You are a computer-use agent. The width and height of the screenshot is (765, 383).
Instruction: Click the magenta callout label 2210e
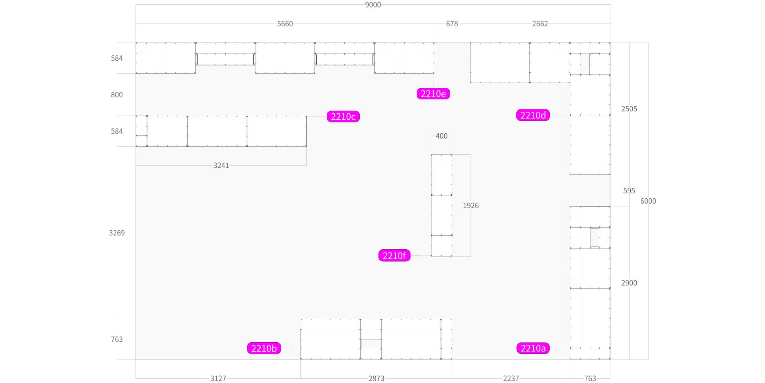coord(433,94)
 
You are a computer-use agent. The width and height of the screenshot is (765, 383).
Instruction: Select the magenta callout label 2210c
coord(343,116)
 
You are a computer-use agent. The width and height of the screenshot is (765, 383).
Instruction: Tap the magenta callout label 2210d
coord(533,115)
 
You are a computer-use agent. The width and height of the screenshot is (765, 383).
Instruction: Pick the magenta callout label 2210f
coord(394,256)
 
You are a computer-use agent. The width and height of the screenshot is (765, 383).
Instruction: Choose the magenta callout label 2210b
coord(264,348)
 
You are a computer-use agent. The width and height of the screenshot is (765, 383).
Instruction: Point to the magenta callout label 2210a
coord(533,348)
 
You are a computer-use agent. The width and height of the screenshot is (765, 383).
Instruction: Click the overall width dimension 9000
coord(373,5)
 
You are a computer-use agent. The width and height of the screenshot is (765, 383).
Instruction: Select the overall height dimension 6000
coord(648,201)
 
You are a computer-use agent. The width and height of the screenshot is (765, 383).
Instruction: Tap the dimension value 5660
coord(285,24)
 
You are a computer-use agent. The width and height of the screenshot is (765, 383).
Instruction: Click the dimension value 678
coord(452,24)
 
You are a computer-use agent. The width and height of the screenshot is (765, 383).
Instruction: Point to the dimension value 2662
coord(540,24)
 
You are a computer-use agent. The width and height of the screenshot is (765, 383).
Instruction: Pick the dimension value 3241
coord(221,165)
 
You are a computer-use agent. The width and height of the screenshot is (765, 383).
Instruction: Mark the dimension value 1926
coord(471,205)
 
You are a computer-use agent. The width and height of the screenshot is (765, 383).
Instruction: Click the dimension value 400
coord(441,136)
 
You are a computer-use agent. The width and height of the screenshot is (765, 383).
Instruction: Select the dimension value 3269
coord(117,233)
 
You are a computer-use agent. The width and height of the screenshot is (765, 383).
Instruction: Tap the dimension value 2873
coord(376,378)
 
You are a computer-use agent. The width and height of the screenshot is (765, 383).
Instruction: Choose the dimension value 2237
coord(511,378)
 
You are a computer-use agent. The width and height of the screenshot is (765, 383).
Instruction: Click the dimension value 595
coord(629,191)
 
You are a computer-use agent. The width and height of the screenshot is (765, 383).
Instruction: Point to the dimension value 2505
coord(629,109)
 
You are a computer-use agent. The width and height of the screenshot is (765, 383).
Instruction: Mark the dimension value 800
coord(117,95)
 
